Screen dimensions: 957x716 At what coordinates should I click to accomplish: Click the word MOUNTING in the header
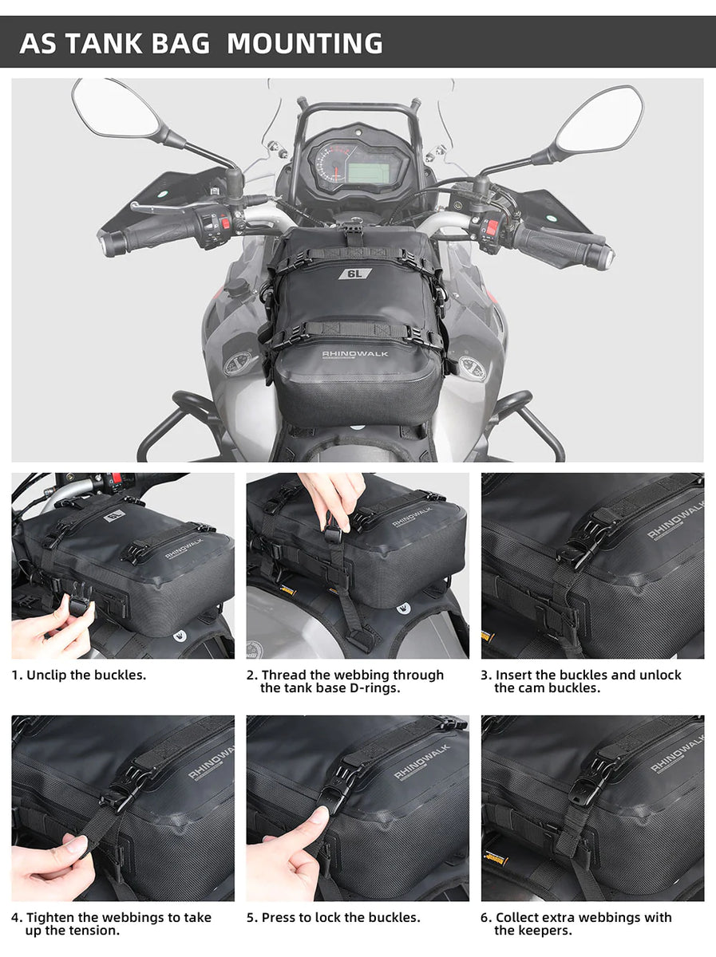coord(304,42)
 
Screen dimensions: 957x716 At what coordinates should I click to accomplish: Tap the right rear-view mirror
coord(599,120)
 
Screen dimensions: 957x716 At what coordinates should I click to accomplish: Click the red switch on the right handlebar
coord(489,227)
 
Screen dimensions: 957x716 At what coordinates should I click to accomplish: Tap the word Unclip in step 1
coord(45,675)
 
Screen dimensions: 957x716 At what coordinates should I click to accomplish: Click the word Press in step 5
coord(279,918)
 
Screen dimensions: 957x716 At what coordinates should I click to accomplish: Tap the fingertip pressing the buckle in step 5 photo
coord(318,815)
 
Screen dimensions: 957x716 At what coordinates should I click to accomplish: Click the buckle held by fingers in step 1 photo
coord(77,605)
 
